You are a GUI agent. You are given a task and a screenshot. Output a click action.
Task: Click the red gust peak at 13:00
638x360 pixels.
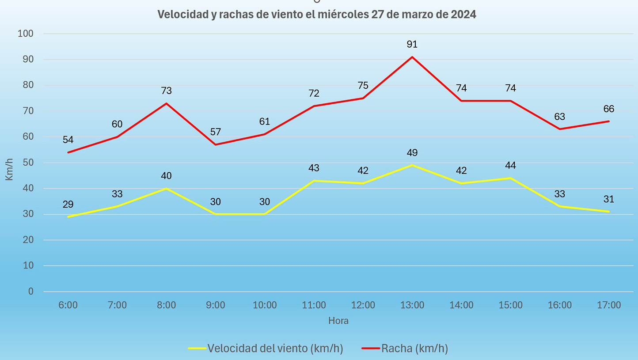(x=412, y=57)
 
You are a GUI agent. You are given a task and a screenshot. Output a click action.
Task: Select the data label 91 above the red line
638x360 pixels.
(x=412, y=44)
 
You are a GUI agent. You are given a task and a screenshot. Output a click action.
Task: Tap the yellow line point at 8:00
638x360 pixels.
(x=167, y=189)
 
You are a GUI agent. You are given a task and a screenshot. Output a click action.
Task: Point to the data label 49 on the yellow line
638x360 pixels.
(x=412, y=153)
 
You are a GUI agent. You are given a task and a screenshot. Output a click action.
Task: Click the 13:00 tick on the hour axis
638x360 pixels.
(x=412, y=305)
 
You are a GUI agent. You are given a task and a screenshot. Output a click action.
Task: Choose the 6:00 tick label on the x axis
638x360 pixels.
(x=68, y=305)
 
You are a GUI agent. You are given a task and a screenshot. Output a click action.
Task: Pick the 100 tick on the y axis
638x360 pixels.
(x=26, y=34)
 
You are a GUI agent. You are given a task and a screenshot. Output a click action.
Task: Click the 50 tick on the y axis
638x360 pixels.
(x=28, y=163)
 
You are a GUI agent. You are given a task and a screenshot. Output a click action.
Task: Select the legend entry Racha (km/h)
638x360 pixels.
(x=414, y=349)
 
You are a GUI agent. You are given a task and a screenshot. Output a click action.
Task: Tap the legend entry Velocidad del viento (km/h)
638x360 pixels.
(x=275, y=349)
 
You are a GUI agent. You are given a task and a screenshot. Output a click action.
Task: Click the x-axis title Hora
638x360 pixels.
(x=338, y=321)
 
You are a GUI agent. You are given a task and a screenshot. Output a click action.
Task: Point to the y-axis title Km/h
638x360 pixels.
(x=9, y=170)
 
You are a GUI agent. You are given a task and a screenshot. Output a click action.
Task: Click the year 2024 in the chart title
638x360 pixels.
(x=463, y=15)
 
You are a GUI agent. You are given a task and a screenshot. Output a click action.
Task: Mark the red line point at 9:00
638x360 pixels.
(x=216, y=144)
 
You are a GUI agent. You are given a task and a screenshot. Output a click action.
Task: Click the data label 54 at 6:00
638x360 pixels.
(x=68, y=140)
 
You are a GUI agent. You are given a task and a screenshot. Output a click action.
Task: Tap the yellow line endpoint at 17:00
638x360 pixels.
(x=609, y=212)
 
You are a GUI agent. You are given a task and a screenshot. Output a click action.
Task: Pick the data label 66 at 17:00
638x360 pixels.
(x=609, y=109)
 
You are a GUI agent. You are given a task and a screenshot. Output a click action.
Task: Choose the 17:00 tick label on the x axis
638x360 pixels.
(x=609, y=305)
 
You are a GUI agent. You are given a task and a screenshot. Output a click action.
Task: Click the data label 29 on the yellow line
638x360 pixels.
(x=68, y=205)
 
